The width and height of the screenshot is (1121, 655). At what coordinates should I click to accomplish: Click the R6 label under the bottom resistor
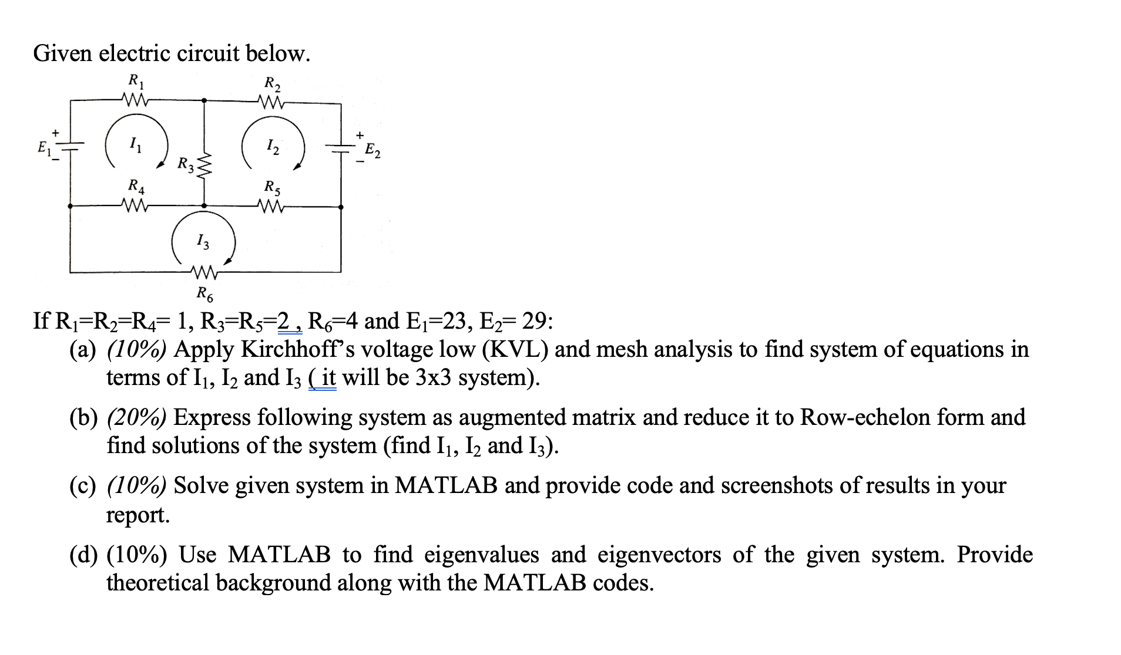tap(204, 292)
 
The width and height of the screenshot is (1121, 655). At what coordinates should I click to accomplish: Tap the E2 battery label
tap(372, 151)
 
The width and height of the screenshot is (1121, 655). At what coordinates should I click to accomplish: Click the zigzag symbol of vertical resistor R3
tap(204, 166)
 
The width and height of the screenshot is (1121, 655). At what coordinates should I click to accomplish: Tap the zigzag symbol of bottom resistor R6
tap(204, 272)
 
